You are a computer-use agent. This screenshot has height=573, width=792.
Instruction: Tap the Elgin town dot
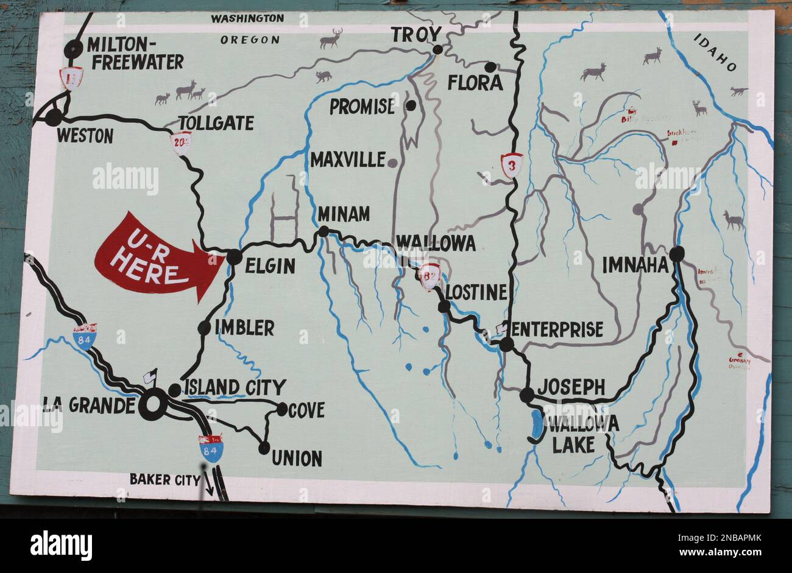click(x=234, y=258)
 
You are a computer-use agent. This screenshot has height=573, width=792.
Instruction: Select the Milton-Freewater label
click(x=135, y=53)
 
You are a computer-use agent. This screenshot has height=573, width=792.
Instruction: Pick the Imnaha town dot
click(x=676, y=254)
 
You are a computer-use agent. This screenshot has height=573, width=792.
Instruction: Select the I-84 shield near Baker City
click(x=211, y=449)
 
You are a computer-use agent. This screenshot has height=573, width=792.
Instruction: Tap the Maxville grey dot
click(x=393, y=163)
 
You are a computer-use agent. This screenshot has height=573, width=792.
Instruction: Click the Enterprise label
click(x=557, y=329)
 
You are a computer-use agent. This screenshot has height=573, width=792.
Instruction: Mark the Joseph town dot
click(x=526, y=395)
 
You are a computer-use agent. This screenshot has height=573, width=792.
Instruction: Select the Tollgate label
click(x=216, y=123)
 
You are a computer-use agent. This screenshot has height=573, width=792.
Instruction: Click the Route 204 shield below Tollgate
click(x=181, y=143)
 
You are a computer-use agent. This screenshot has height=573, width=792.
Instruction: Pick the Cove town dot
click(x=282, y=409)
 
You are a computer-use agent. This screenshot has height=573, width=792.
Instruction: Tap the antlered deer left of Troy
click(x=330, y=39)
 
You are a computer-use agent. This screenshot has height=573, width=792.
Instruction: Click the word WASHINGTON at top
click(x=247, y=18)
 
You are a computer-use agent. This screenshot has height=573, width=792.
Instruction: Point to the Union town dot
click(x=264, y=448)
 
